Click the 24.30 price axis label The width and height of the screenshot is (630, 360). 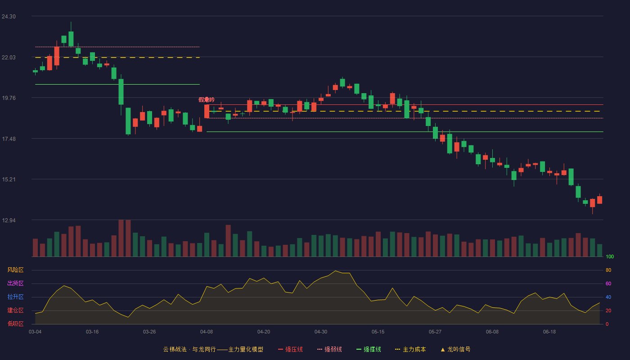[x=9, y=17]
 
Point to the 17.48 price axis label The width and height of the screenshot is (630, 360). [x=9, y=139]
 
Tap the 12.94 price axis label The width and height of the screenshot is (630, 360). [x=9, y=220]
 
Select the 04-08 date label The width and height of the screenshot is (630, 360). [x=207, y=332]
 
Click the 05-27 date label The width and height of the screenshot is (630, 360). [x=435, y=332]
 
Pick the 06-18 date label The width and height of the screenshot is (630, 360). [x=549, y=332]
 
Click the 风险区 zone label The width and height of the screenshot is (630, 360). [x=15, y=270]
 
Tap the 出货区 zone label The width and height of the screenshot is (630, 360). [x=15, y=283]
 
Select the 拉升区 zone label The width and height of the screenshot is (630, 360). [x=15, y=297]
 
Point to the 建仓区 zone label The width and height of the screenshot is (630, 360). [x=15, y=310]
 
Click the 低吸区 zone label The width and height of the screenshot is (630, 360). [x=15, y=324]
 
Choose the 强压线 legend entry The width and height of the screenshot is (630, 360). [x=291, y=349]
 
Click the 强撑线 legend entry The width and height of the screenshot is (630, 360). [x=369, y=349]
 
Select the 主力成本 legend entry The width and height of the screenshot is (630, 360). [x=410, y=349]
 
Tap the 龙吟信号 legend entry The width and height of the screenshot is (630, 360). [x=455, y=349]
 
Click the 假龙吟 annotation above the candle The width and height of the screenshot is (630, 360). [x=207, y=99]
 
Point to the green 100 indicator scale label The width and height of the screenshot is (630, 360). [x=610, y=256]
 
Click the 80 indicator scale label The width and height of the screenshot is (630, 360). [x=608, y=270]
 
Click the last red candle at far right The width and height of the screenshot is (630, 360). [x=599, y=200]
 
